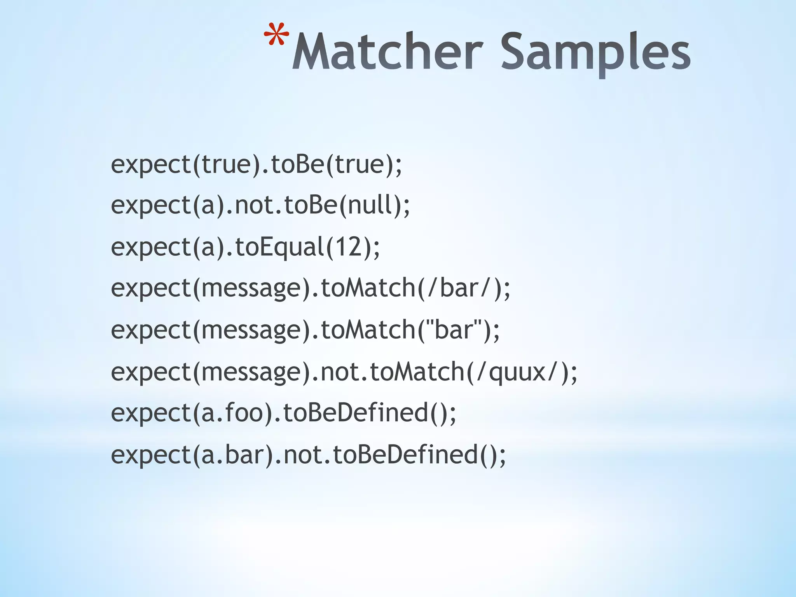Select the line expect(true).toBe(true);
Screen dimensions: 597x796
coord(256,164)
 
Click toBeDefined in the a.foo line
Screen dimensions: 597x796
coord(356,413)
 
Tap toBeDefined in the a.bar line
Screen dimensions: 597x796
coord(405,455)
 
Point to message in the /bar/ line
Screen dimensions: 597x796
coord(251,288)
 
